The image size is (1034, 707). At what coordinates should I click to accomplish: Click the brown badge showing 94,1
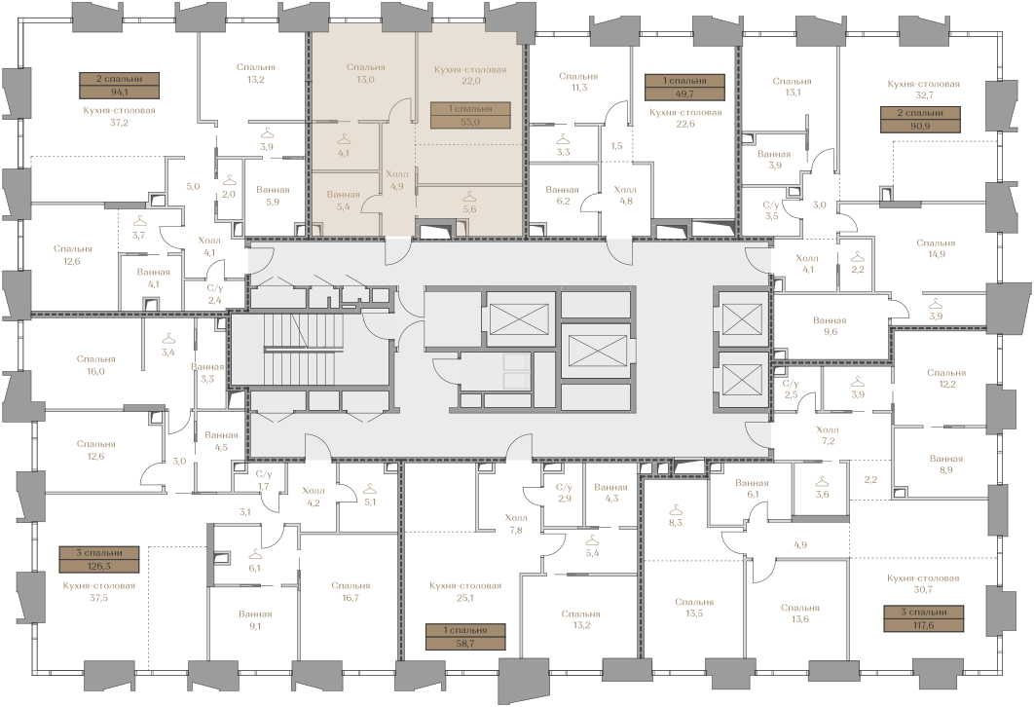coord(120,85)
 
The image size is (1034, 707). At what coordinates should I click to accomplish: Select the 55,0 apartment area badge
coord(470,116)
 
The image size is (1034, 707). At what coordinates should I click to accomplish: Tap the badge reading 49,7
coord(684,87)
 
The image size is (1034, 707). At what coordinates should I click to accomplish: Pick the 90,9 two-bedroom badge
coord(921,120)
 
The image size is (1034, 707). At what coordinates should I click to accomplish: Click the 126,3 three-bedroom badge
coord(99,559)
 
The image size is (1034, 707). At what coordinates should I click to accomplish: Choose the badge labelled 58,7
coord(465,637)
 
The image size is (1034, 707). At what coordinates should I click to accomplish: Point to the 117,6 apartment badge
coord(924,618)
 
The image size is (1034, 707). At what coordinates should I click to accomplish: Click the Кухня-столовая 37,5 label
coord(99,591)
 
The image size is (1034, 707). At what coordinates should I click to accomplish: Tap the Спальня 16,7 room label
coord(351,591)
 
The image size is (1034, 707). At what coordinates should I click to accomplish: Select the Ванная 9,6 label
coord(830,326)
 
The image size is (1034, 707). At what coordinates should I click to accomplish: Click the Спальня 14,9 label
coord(936,248)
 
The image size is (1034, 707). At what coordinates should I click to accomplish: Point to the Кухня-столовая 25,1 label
coord(464,591)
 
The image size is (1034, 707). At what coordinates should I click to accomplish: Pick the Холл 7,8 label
coord(516,523)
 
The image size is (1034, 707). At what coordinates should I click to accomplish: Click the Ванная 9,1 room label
coord(255,620)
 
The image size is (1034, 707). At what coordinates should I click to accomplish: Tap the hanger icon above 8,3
coord(676,509)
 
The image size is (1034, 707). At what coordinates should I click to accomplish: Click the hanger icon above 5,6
coord(469,197)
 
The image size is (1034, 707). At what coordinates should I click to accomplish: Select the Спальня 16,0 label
coord(95,365)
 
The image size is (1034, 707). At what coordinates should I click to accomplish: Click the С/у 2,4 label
coord(214,294)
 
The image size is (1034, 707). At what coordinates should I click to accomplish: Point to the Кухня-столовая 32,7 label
coord(923,90)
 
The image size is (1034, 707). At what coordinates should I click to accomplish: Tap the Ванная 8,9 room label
coord(946,465)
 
